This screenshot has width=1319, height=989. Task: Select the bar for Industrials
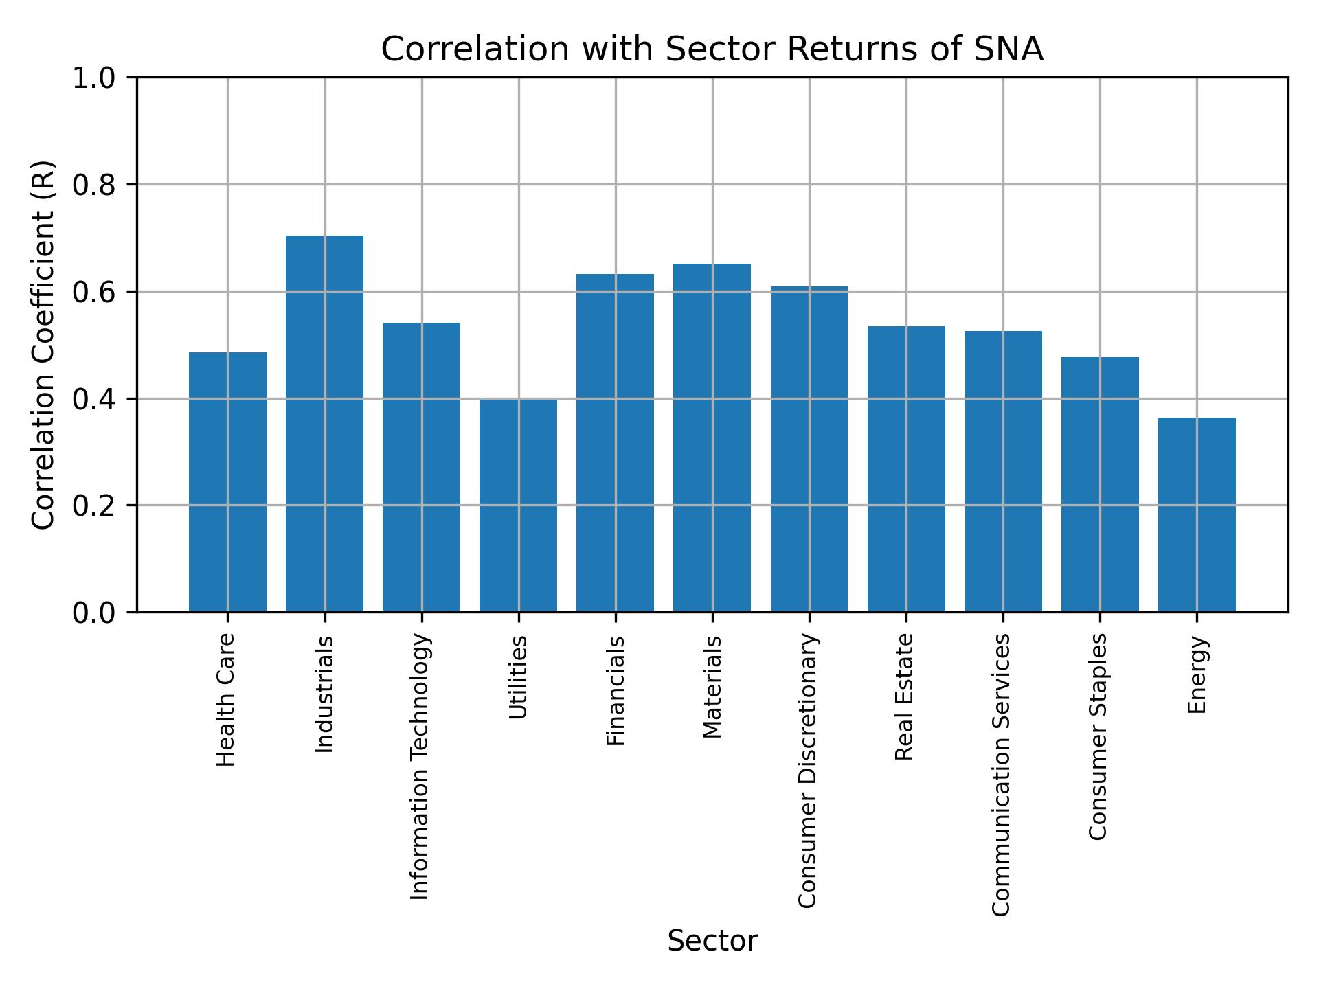(x=324, y=423)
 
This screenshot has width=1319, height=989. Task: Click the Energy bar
(x=1197, y=514)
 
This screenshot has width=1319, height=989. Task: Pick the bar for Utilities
(x=518, y=505)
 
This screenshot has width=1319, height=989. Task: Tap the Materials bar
(x=712, y=437)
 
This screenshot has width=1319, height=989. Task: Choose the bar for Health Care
(x=227, y=481)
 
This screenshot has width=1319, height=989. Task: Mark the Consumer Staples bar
(x=1100, y=484)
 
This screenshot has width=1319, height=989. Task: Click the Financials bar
(x=615, y=443)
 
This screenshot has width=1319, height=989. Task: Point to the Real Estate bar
(x=906, y=468)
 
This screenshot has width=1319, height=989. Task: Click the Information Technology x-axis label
(x=420, y=766)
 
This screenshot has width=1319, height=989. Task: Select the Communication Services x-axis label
(x=1002, y=775)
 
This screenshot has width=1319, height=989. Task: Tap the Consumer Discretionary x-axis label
(x=809, y=771)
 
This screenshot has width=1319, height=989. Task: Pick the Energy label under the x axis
(x=1197, y=674)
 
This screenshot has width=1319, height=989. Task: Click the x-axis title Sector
(x=712, y=941)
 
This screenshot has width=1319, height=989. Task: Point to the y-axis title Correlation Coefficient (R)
(x=43, y=345)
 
